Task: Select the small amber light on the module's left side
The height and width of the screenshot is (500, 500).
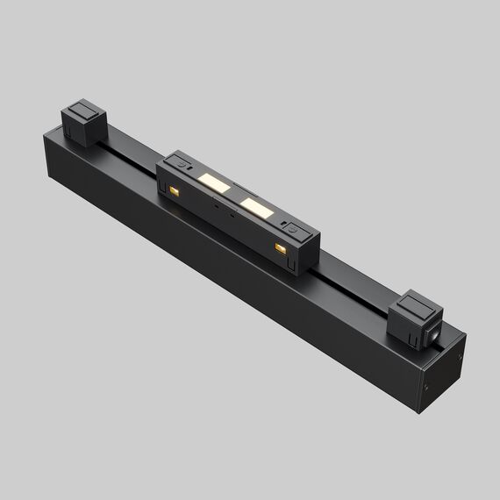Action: [175, 190]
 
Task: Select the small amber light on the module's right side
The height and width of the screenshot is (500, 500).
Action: [281, 250]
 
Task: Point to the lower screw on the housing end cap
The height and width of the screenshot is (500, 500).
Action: [427, 383]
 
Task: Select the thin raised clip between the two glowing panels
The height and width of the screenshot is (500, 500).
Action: [233, 194]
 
